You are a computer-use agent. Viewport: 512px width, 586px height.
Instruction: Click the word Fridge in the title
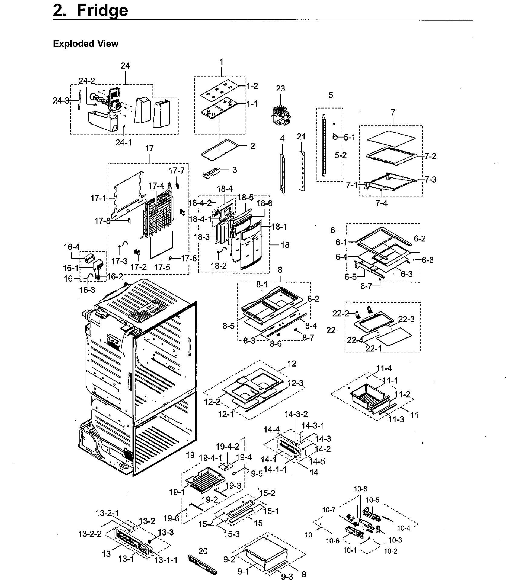pos(102,11)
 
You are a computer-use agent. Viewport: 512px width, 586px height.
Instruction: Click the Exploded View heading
pos(86,44)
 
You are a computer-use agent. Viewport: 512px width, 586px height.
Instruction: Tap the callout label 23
pos(280,89)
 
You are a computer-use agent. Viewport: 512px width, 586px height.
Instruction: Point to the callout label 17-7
pos(177,171)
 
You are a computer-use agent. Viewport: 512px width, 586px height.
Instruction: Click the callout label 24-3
pos(61,101)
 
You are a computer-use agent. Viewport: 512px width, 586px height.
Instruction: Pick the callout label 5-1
pos(350,138)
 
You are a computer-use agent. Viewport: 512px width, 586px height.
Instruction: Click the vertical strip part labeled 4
pos(282,172)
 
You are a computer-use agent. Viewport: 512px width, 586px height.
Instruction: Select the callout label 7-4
pos(381,203)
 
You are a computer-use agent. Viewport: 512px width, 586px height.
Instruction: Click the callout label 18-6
pos(264,203)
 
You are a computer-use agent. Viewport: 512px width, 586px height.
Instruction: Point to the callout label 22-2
pos(341,314)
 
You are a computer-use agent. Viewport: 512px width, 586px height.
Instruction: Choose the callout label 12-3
pos(295,383)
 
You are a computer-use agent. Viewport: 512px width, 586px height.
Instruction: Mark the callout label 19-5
pos(255,474)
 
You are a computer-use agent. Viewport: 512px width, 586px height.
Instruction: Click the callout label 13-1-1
pos(166,560)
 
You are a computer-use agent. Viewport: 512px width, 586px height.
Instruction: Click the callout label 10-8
pos(360,489)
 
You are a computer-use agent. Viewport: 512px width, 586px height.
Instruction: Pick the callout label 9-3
pos(287,577)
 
